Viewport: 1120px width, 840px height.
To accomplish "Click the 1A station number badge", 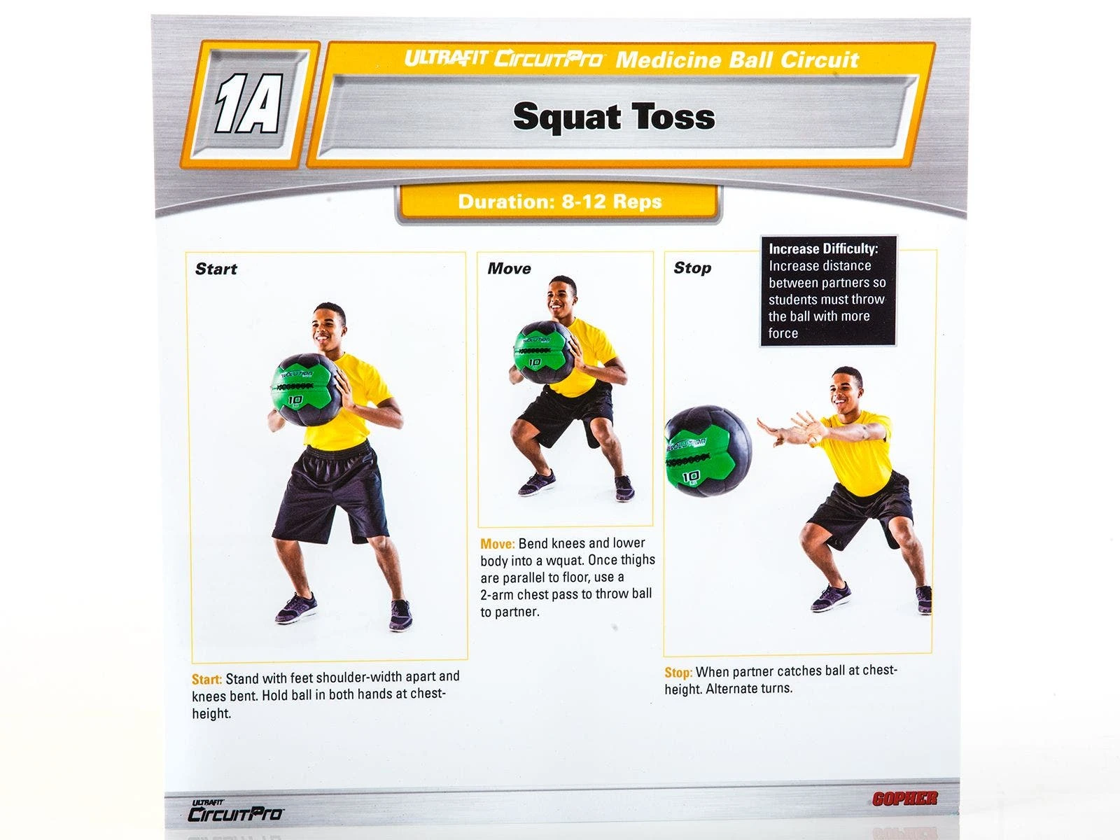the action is pos(249,104).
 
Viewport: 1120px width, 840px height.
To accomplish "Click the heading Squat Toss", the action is pos(614,117).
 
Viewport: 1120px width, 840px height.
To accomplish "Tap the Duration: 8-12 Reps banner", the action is pos(559,202).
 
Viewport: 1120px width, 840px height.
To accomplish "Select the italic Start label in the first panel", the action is pos(216,269).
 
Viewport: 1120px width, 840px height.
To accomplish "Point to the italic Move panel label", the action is pos(509,268).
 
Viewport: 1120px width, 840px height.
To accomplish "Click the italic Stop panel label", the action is pos(692,268).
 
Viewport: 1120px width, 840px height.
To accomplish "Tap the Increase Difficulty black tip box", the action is pos(827,290).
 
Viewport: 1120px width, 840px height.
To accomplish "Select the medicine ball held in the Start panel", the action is pos(307,389).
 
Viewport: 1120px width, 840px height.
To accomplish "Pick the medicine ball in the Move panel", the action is pos(544,352).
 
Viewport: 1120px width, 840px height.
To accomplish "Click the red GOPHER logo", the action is pos(904,798).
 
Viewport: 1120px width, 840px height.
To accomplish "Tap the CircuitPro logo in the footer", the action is pos(235,811).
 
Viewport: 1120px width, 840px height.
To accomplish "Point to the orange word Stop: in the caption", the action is pos(678,673).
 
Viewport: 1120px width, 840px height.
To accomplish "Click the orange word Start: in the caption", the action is pos(206,679).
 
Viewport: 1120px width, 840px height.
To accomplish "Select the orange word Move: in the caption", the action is pos(498,544).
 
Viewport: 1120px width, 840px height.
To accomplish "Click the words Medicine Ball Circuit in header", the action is pos(737,60).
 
